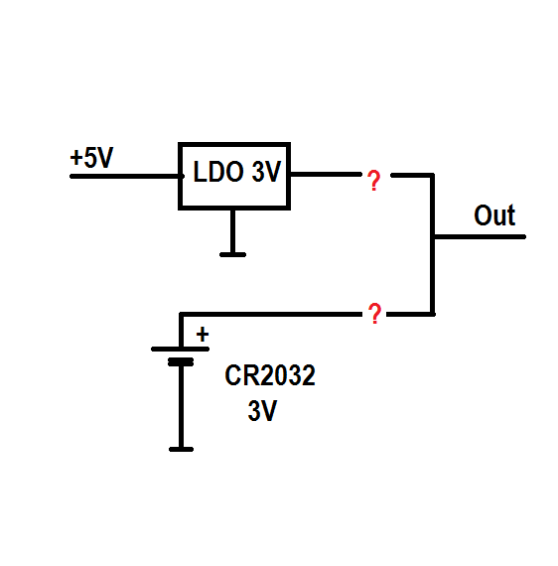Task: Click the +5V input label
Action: click(91, 157)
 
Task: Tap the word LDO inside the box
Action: click(218, 172)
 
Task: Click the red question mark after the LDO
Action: click(373, 180)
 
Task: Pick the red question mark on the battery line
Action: click(374, 314)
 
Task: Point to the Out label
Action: click(494, 215)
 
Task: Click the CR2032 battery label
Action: click(270, 375)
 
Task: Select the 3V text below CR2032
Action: click(262, 410)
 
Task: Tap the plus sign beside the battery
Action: click(203, 334)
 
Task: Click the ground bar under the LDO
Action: click(232, 255)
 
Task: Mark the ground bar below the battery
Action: click(181, 450)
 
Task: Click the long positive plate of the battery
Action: click(180, 350)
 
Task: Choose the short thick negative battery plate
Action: click(181, 361)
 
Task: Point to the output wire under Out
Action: click(480, 236)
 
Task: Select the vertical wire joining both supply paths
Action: click(432, 244)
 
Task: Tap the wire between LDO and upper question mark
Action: click(326, 175)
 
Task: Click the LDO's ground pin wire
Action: click(232, 231)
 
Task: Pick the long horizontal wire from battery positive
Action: click(271, 314)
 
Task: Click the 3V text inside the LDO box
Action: click(266, 172)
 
